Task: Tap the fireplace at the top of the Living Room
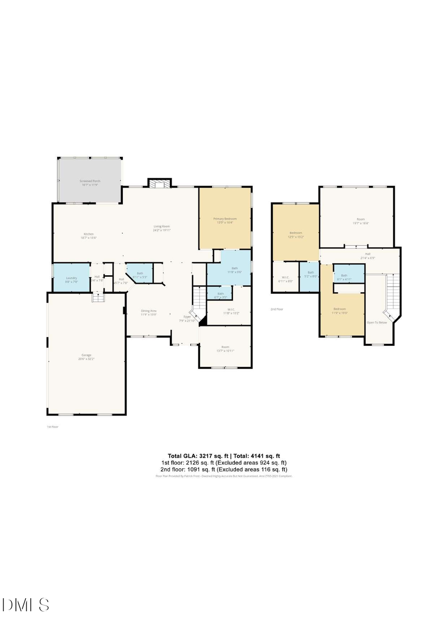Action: coord(159,183)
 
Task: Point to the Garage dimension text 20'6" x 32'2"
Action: coord(87,358)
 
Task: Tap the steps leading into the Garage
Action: coord(97,298)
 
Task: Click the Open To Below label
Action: coord(377,322)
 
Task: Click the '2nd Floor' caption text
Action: coord(277,309)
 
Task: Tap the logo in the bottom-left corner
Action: coord(26,605)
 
